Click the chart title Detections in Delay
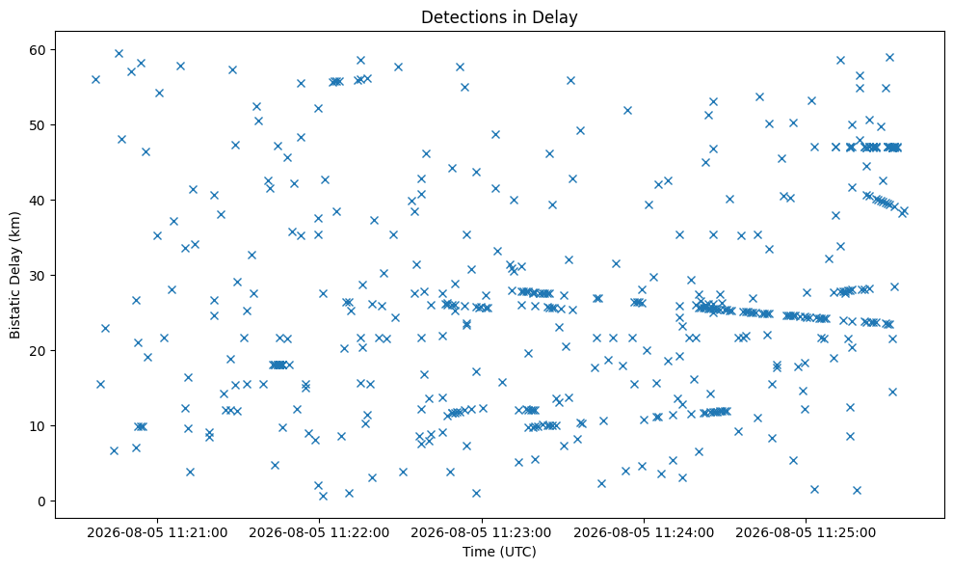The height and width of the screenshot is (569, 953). pyautogui.click(x=499, y=17)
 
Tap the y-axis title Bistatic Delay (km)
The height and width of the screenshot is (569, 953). pyautogui.click(x=14, y=275)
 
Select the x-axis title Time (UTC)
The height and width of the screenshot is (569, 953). pyautogui.click(x=499, y=552)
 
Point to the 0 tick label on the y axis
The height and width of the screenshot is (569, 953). pyautogui.click(x=42, y=501)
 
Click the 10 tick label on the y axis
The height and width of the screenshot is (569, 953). pyautogui.click(x=40, y=426)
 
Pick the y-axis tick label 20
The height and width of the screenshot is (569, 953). pyautogui.click(x=40, y=351)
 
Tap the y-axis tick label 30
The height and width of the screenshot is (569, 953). pyautogui.click(x=40, y=276)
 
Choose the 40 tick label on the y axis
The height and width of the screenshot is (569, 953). pyautogui.click(x=40, y=201)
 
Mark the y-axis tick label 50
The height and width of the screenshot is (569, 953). pyautogui.click(x=40, y=125)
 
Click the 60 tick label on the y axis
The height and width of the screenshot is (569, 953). pyautogui.click(x=40, y=50)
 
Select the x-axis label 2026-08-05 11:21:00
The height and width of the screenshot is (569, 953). pyautogui.click(x=157, y=533)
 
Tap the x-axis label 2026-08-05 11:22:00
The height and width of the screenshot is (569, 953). pyautogui.click(x=319, y=533)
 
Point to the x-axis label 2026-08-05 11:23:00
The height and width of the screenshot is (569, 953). pyautogui.click(x=482, y=533)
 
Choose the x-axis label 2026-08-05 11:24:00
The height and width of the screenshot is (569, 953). pyautogui.click(x=644, y=533)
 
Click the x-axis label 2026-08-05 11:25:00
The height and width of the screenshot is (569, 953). pyautogui.click(x=806, y=533)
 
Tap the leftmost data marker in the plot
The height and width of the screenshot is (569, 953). pyautogui.click(x=95, y=80)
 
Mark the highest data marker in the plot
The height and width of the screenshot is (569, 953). pyautogui.click(x=119, y=54)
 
